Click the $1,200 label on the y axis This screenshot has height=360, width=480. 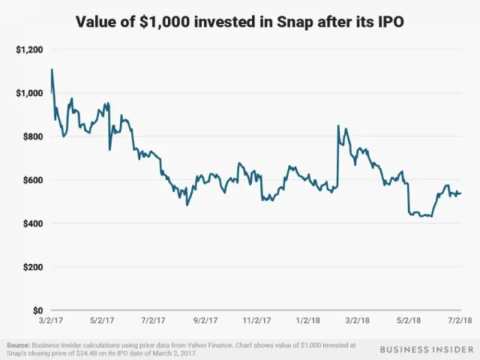click(x=28, y=49)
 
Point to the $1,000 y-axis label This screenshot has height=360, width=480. click(x=28, y=93)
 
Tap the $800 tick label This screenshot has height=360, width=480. click(x=31, y=136)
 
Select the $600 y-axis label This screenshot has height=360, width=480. click(x=31, y=180)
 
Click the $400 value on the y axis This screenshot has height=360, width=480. click(x=31, y=223)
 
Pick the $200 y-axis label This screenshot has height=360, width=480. click(x=31, y=267)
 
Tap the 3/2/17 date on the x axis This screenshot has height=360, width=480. click(x=51, y=320)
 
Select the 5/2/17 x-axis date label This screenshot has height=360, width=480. click(x=103, y=320)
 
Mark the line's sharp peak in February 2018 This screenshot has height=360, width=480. click(x=338, y=125)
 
